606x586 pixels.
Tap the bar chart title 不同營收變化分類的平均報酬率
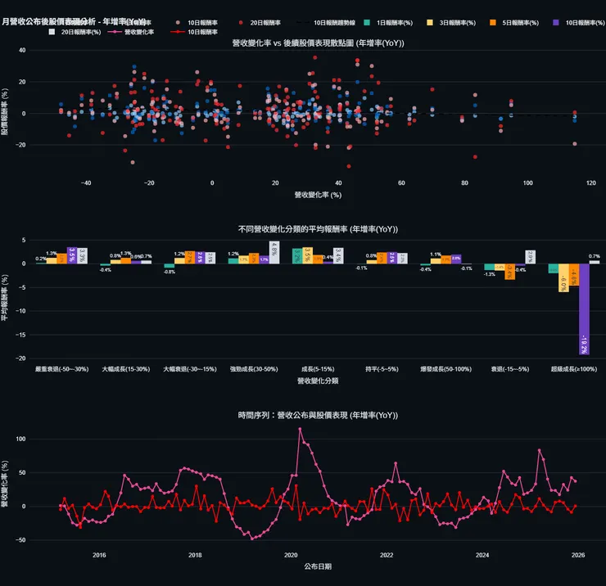[318, 229]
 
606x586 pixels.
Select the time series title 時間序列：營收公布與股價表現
[318, 416]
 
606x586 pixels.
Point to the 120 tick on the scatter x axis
[590, 183]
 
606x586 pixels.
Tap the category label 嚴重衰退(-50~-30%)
[62, 370]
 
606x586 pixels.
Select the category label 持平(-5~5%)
[382, 370]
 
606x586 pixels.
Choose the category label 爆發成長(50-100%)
[446, 370]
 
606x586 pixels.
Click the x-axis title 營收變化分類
[318, 381]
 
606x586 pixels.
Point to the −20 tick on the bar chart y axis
[22, 358]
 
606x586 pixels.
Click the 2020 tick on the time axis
[291, 555]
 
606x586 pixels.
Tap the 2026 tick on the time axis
[577, 555]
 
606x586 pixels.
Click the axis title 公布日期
[318, 566]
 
